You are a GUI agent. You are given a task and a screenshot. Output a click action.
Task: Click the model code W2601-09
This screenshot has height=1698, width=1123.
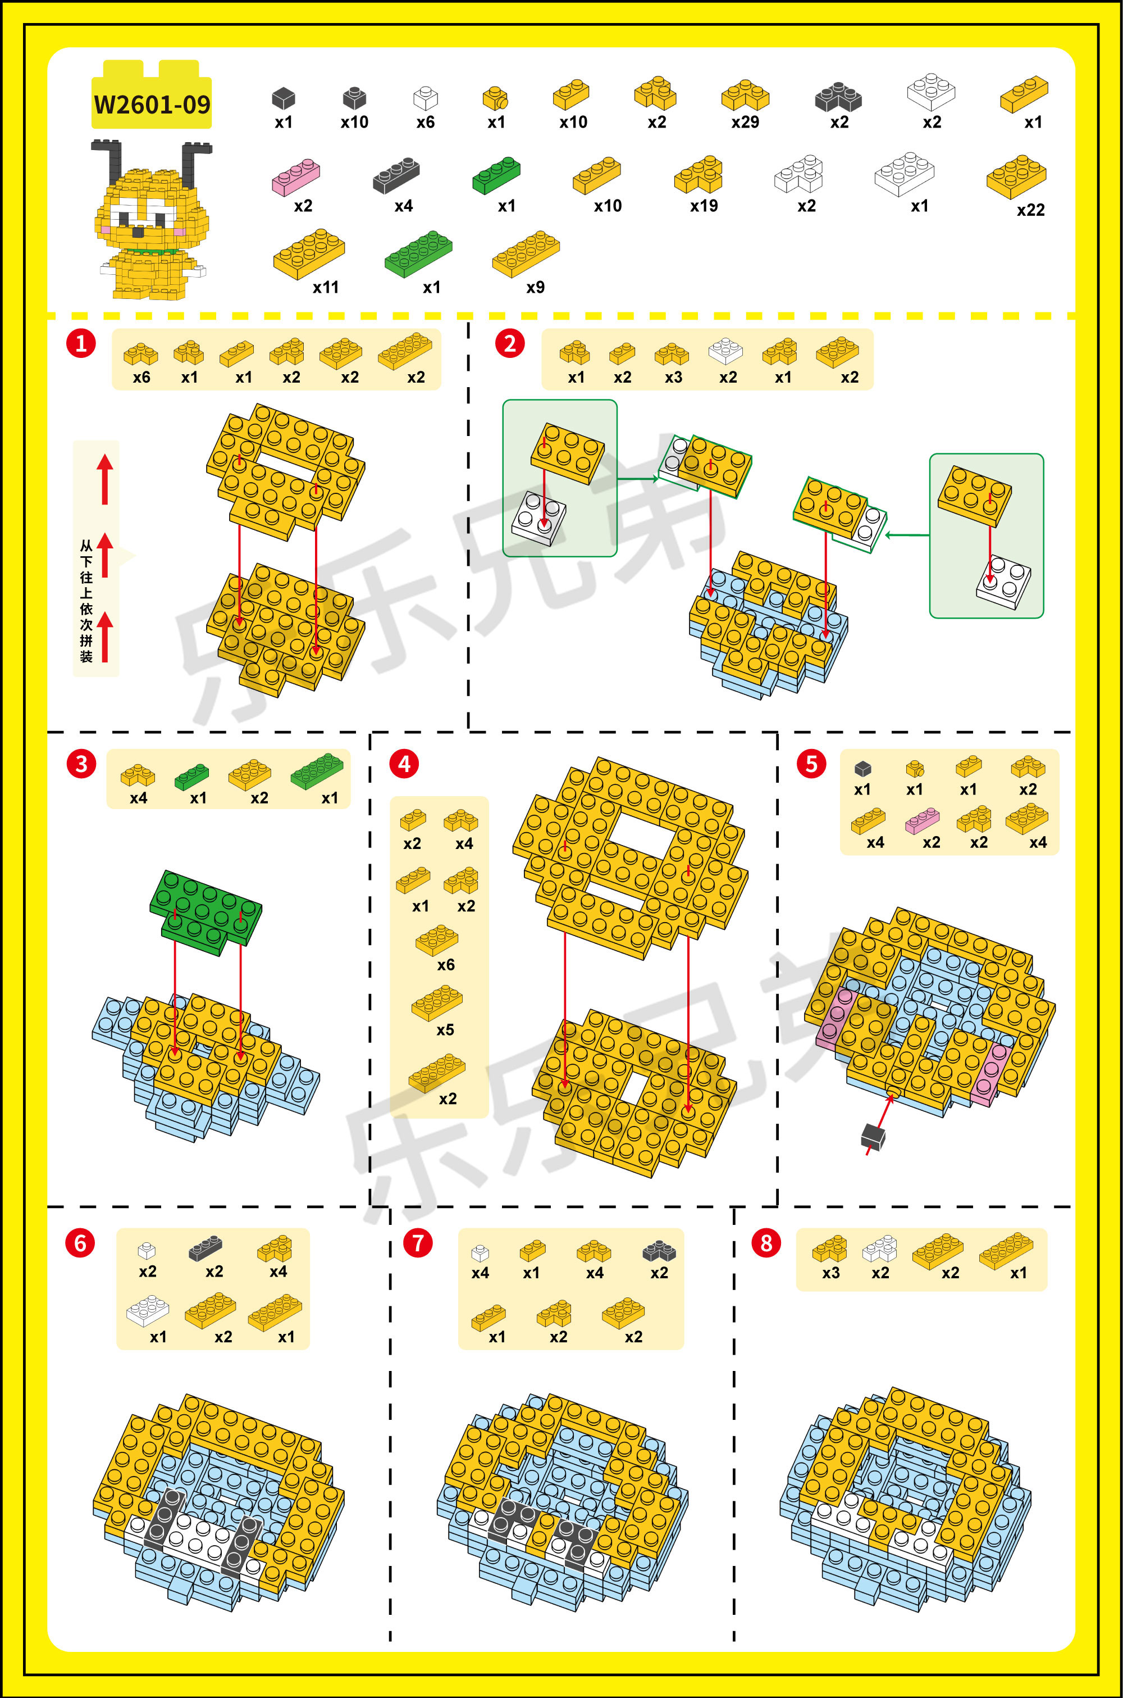pos(152,105)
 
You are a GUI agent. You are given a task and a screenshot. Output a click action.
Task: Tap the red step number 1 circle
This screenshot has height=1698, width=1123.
pos(81,343)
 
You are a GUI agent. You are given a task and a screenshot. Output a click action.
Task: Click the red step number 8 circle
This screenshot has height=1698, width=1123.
pos(766,1243)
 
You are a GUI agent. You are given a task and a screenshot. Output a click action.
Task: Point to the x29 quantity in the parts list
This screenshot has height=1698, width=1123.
pos(745,122)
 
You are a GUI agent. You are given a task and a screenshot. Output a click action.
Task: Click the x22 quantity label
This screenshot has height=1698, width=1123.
pos(1030,210)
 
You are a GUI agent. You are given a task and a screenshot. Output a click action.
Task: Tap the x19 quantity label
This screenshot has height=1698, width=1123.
pos(704,206)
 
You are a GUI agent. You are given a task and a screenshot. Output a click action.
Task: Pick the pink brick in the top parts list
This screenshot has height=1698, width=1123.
pos(296,177)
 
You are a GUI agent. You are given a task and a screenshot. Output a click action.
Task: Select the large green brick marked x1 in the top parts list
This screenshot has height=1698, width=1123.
pos(418,253)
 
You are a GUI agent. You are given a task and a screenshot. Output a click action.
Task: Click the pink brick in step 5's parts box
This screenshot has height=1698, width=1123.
pos(922,820)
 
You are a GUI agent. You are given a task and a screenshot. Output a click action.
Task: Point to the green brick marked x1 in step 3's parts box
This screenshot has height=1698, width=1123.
pos(192,777)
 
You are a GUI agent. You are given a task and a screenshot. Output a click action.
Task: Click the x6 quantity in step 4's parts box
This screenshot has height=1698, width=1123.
pos(445,965)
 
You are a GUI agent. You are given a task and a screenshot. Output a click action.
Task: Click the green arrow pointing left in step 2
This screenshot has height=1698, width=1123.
pos(907,534)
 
